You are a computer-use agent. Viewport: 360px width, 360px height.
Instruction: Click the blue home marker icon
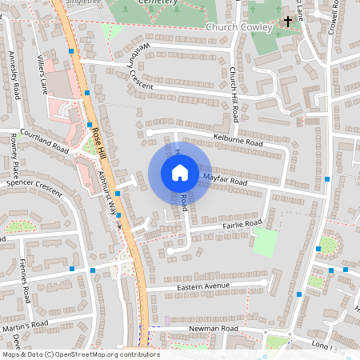[179, 172]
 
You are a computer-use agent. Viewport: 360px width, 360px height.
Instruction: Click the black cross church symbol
[287, 22]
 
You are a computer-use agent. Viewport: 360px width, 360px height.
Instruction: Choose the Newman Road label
[214, 329]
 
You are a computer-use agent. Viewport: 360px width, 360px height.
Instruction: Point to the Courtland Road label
[45, 142]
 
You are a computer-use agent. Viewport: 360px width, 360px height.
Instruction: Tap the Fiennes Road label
[26, 280]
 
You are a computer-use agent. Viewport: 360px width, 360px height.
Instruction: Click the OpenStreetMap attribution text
[80, 354]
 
